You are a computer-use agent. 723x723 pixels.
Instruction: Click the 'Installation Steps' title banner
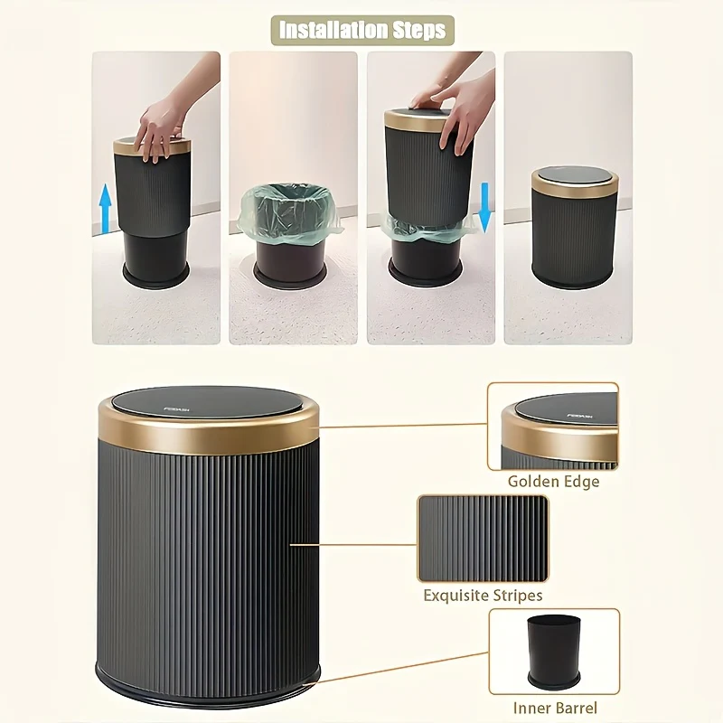[x=361, y=30]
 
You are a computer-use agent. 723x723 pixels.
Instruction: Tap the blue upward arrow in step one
[x=105, y=207]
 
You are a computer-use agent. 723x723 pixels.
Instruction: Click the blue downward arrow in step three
[x=484, y=207]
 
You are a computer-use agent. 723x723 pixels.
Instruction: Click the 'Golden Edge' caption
[x=553, y=482]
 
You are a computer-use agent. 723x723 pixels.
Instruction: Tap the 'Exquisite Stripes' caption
[x=483, y=596]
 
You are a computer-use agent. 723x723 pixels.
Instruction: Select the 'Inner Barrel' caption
[x=555, y=709]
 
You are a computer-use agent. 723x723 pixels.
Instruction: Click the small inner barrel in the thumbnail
[x=553, y=649]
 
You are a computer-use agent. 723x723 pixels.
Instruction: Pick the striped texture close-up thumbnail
[x=483, y=538]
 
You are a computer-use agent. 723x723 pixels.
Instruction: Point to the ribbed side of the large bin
[x=208, y=560]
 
